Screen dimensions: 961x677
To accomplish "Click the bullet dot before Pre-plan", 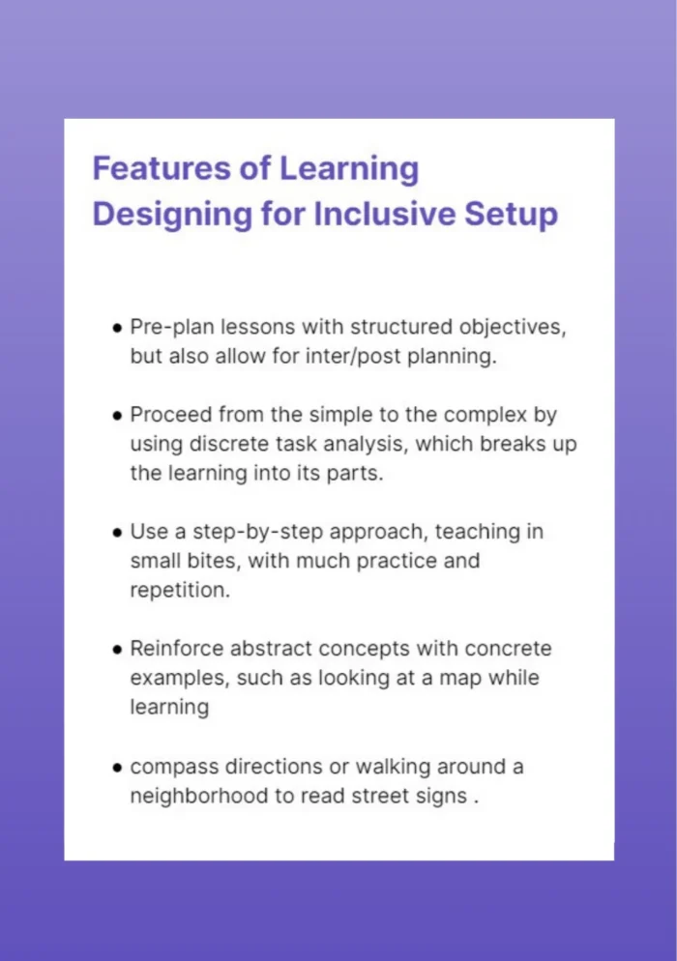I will (x=117, y=328).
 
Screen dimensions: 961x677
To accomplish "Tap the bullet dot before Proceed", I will (x=117, y=416).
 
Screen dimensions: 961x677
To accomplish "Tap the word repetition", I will (x=180, y=590).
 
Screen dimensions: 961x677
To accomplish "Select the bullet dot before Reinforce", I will (x=117, y=650).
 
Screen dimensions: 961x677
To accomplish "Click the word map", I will (x=463, y=678).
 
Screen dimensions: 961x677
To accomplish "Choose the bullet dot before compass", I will (x=117, y=768).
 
